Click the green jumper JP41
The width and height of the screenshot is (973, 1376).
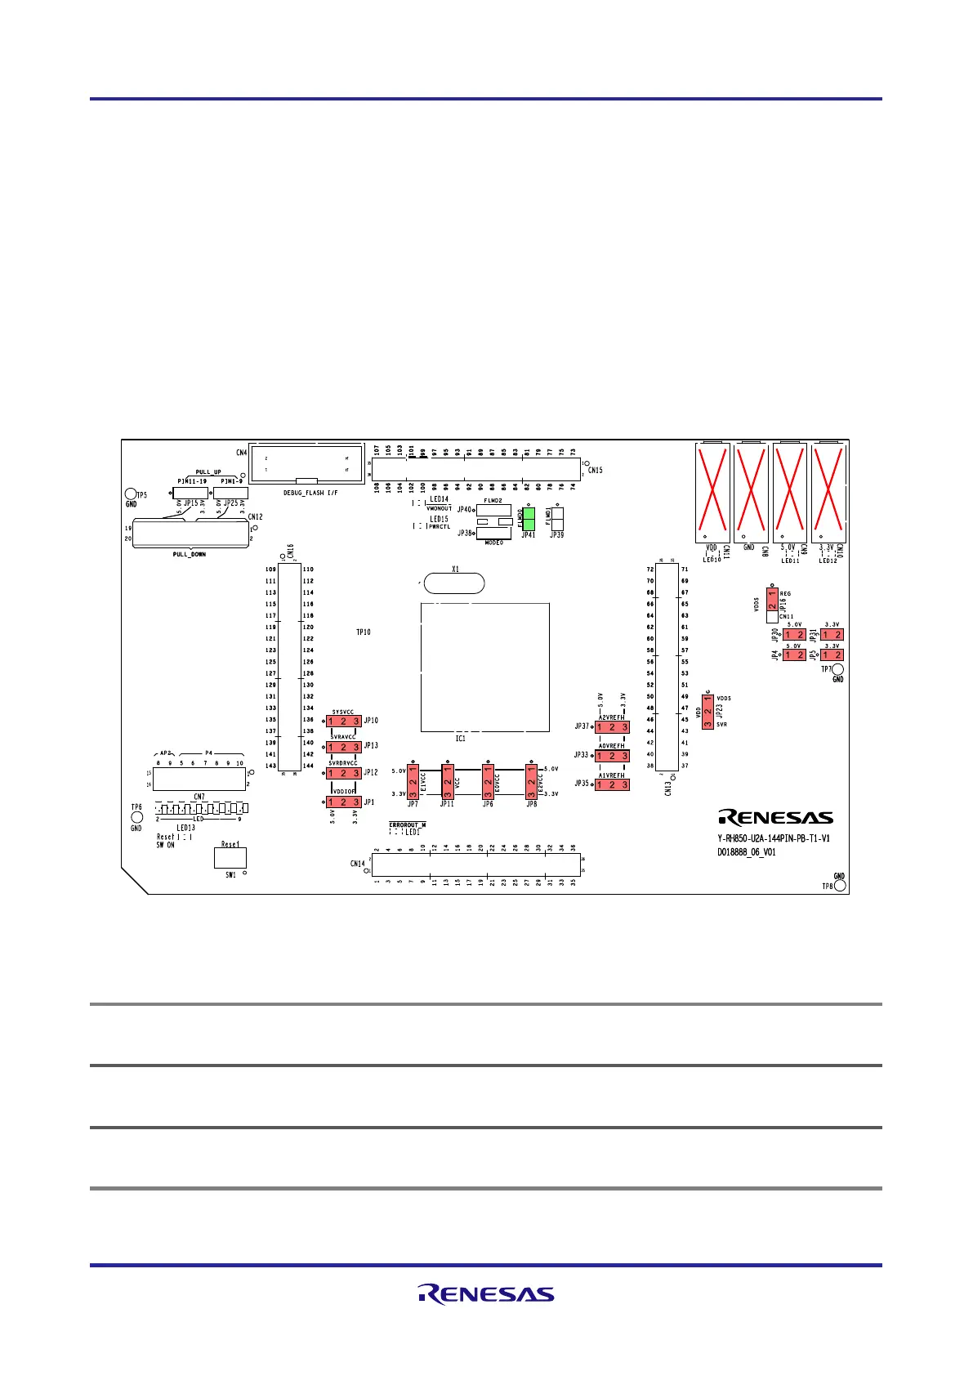coord(528,520)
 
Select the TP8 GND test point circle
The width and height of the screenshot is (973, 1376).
coord(840,886)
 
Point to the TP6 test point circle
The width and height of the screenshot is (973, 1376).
coord(136,816)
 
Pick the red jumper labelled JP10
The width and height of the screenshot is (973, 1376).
coord(344,721)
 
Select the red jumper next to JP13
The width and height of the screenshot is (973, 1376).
coord(344,747)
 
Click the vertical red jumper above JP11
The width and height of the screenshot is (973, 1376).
coord(448,782)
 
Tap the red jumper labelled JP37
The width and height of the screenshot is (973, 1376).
coord(612,727)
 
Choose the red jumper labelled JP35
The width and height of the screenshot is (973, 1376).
coord(612,784)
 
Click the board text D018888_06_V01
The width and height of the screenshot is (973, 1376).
coord(747,852)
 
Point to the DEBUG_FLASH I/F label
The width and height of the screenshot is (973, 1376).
coord(310,493)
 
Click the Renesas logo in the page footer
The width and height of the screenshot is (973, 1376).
coord(486,1294)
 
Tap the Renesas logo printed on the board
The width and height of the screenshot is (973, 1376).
coord(775,817)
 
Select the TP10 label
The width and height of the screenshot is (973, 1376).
coord(364,632)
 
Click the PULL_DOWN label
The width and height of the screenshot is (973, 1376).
coord(190,554)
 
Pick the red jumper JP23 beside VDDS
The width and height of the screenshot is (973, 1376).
coord(707,711)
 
